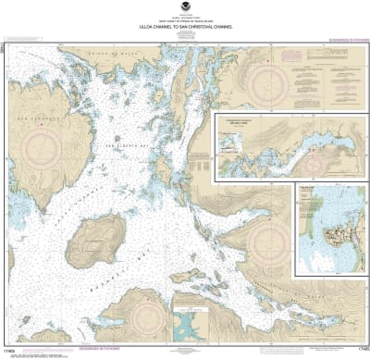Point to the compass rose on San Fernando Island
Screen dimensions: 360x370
pyautogui.click(x=44, y=145)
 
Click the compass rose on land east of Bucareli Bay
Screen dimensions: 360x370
pyautogui.click(x=269, y=242)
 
